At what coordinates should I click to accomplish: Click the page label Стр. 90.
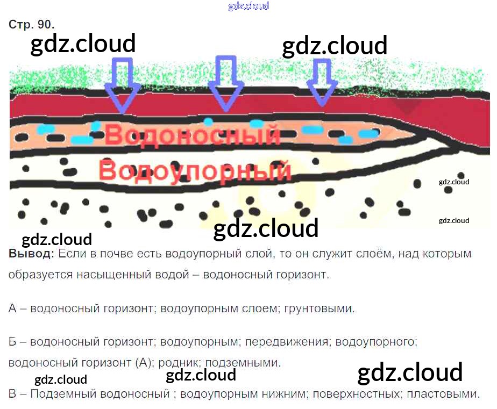32,25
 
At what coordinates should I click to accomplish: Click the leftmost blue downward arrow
122,85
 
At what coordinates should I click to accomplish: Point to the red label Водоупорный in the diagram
195,171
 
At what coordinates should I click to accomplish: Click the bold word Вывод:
31,254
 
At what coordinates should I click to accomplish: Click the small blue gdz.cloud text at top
248,6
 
